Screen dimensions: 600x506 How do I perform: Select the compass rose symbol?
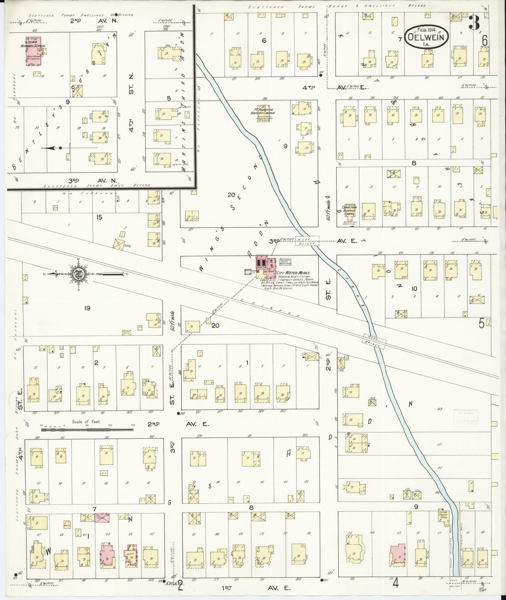click(78, 274)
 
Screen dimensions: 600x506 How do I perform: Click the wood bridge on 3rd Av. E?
click(307, 241)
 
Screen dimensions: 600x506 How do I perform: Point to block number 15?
click(99, 217)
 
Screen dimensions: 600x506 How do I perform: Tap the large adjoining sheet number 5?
click(481, 323)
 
